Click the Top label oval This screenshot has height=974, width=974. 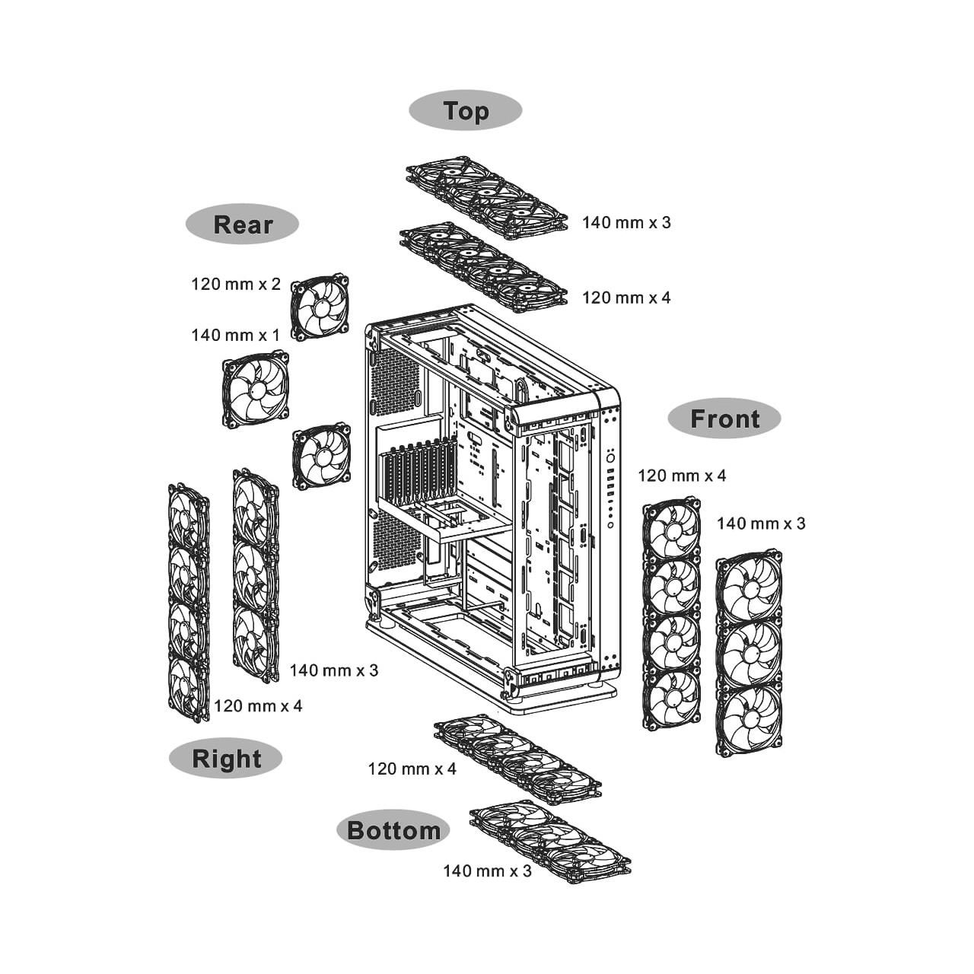pyautogui.click(x=465, y=110)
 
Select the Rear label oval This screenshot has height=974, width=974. pyautogui.click(x=243, y=224)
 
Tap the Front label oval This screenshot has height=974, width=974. pyautogui.click(x=724, y=419)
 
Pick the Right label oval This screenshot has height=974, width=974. pyautogui.click(x=225, y=759)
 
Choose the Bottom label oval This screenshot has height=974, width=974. pyautogui.click(x=393, y=830)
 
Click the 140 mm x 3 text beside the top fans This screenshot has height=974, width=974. pyautogui.click(x=626, y=222)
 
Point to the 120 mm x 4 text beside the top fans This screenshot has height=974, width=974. pyautogui.click(x=626, y=298)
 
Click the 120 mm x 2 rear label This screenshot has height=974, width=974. pyautogui.click(x=236, y=284)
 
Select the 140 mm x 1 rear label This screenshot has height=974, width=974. pyautogui.click(x=236, y=335)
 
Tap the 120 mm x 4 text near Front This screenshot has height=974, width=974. pyautogui.click(x=682, y=476)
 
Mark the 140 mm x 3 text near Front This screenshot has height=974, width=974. pyautogui.click(x=761, y=524)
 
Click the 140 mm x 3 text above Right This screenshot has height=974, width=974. pyautogui.click(x=333, y=670)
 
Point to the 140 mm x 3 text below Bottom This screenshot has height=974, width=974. pyautogui.click(x=487, y=871)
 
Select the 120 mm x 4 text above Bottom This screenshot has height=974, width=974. pyautogui.click(x=412, y=769)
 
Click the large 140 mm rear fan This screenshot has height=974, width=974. pyautogui.click(x=256, y=390)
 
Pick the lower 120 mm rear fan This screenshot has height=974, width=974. pyautogui.click(x=321, y=455)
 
